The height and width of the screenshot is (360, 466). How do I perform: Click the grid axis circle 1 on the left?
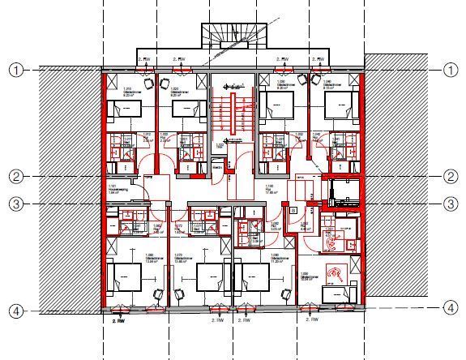15,71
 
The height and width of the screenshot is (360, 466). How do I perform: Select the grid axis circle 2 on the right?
451,176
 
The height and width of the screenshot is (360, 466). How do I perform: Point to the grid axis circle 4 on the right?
451,307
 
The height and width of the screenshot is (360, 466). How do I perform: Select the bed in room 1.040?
340,106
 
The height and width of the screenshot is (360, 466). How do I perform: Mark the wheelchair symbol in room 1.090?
333,274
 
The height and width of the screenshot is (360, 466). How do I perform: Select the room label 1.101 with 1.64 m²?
113,191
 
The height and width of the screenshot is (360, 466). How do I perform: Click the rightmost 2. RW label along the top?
319,59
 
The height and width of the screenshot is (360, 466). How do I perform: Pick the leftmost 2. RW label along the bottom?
118,320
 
